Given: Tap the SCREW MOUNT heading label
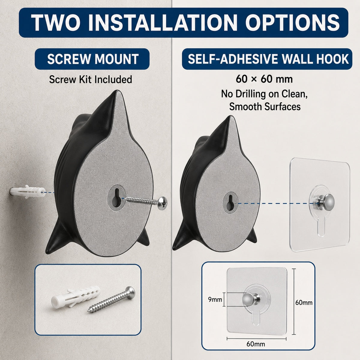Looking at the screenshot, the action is click(x=93, y=59).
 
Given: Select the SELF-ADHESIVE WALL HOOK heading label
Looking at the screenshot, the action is click(x=268, y=59).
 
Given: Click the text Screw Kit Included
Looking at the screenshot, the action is click(x=91, y=79).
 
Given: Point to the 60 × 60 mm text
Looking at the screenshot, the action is click(x=264, y=79).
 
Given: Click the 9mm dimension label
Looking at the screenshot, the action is click(x=215, y=299).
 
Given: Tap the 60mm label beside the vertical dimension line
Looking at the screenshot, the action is click(x=304, y=302).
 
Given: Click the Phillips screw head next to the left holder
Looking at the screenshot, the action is click(x=162, y=202).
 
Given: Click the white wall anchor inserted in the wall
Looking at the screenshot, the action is click(x=27, y=192).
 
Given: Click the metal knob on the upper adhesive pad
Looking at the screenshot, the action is click(x=328, y=202).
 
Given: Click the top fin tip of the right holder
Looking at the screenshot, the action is click(x=230, y=117).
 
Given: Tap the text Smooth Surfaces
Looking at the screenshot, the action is click(x=265, y=107).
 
